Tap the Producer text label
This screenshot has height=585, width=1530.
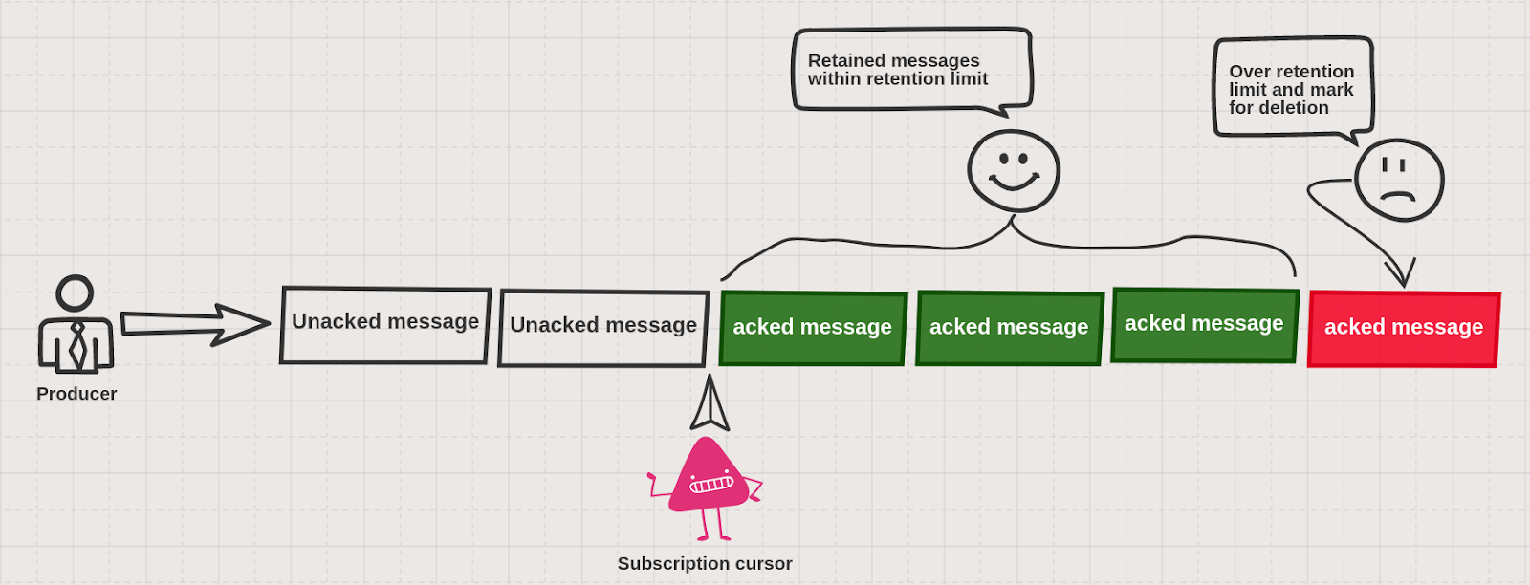[76, 394]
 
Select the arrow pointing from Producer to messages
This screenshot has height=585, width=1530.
[196, 325]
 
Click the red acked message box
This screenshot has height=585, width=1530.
[1403, 329]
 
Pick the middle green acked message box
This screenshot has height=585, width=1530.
[1009, 328]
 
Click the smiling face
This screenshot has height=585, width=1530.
[1014, 171]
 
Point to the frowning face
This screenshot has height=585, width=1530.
[1399, 180]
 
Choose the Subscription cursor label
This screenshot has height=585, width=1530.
[705, 564]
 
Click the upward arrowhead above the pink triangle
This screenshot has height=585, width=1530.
[710, 404]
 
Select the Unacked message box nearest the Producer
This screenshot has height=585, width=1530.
[385, 325]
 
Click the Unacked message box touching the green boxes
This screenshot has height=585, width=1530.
[603, 328]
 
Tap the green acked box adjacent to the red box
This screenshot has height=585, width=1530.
[1204, 326]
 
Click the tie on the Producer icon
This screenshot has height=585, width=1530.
[77, 345]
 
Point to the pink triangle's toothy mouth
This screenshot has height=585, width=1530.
[711, 485]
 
